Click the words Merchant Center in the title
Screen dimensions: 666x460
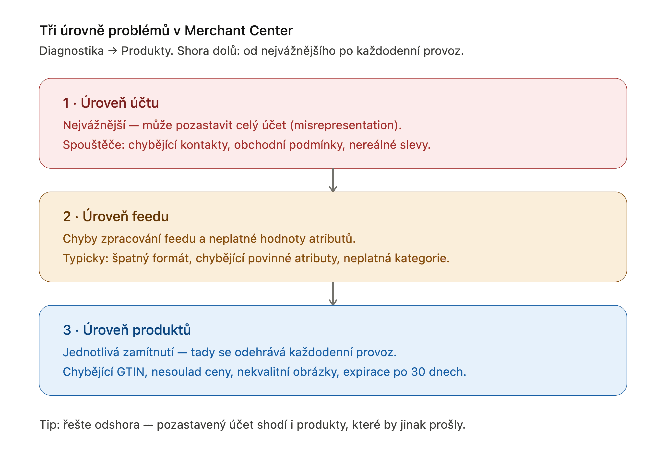click(238, 31)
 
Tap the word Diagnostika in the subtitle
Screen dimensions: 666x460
click(71, 51)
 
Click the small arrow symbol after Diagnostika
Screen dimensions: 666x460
click(112, 51)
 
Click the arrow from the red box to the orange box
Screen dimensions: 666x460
click(333, 180)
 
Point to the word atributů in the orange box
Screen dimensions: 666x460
click(331, 239)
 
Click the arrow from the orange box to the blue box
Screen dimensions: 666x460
click(333, 294)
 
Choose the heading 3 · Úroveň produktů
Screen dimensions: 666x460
click(127, 330)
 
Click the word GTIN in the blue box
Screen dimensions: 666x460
click(130, 372)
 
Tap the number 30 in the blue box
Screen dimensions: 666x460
click(418, 372)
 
